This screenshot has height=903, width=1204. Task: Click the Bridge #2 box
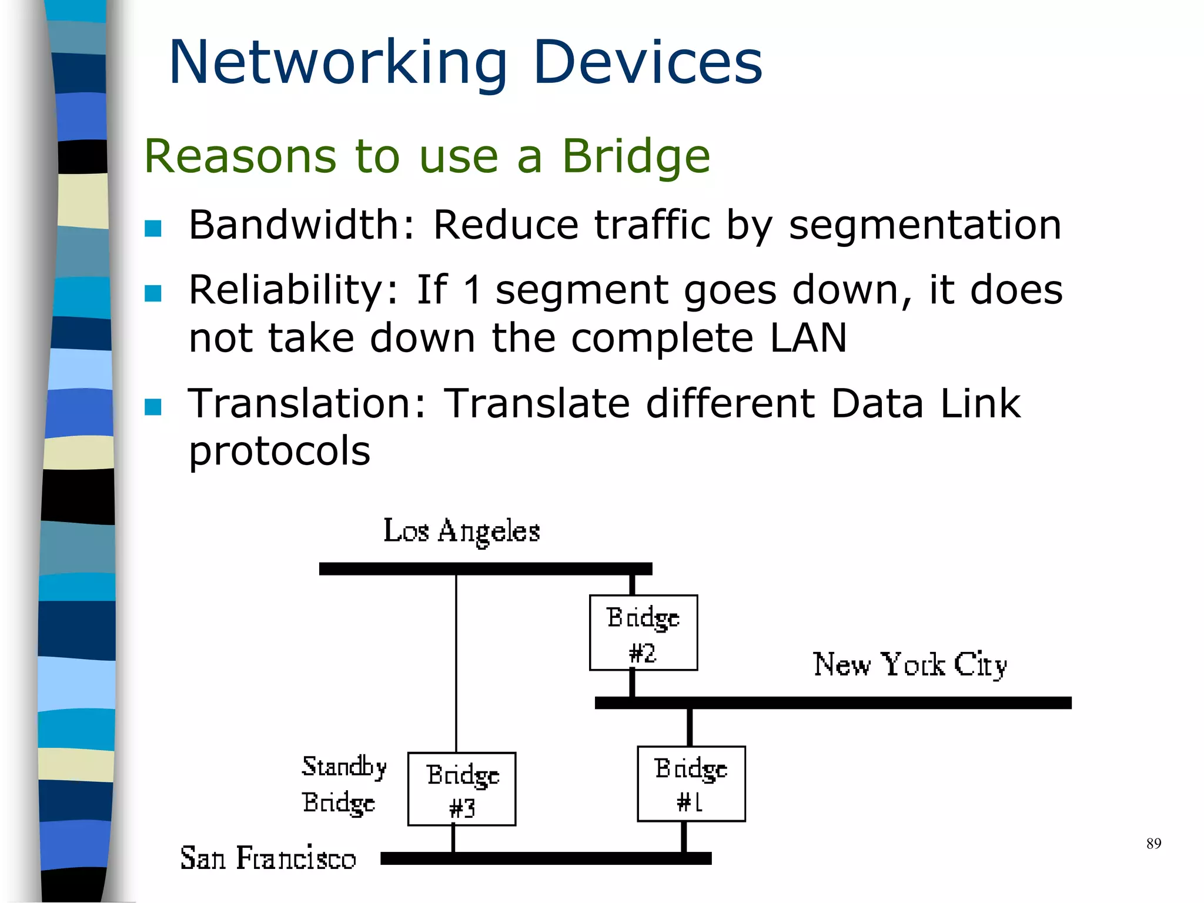[x=643, y=633]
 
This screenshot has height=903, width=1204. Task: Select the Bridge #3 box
[x=461, y=789]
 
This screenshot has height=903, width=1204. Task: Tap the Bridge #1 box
[x=691, y=784]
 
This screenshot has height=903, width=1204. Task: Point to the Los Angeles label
[x=461, y=531]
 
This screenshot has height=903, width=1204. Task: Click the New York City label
[x=909, y=665]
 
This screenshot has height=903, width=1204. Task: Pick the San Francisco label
[x=268, y=858]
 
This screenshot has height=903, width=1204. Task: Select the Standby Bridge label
[x=343, y=784]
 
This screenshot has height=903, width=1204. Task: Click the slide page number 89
[x=1153, y=844]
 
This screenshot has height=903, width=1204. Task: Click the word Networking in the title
[x=338, y=62]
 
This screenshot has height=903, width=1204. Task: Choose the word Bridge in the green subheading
[x=636, y=157]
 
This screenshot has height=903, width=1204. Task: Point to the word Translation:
[x=307, y=404]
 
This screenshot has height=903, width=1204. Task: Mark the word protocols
[x=279, y=451]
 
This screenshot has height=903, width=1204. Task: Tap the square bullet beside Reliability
[x=153, y=293]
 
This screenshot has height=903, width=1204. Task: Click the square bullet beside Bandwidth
[x=153, y=228]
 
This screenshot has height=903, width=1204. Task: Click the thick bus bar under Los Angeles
[x=485, y=568]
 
